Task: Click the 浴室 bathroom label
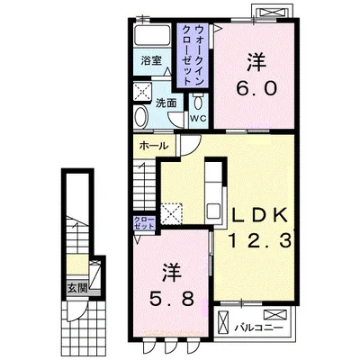(x=151, y=61)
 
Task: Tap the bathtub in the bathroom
(x=152, y=35)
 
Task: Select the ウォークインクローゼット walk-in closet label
(x=191, y=55)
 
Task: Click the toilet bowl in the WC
(x=198, y=101)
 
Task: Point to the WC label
(x=199, y=118)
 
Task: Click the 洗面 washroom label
(x=166, y=103)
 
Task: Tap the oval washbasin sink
(x=140, y=117)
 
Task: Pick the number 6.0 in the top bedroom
(x=256, y=88)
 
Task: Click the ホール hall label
(x=154, y=146)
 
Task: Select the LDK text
(x=260, y=216)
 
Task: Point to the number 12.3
(x=260, y=240)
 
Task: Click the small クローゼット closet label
(x=144, y=222)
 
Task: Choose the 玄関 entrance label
(x=77, y=288)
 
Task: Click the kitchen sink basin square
(x=213, y=211)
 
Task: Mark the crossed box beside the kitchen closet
(x=172, y=213)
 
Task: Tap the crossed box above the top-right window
(x=272, y=12)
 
